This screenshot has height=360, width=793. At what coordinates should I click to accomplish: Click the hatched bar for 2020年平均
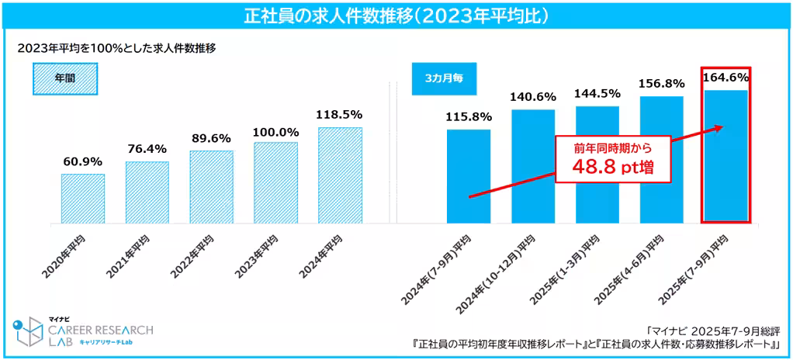point(82,198)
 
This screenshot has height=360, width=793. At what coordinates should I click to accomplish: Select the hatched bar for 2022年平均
point(211,186)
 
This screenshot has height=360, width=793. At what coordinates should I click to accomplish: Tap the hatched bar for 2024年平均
point(340,175)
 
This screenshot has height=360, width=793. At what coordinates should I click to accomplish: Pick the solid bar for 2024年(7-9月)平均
point(469,176)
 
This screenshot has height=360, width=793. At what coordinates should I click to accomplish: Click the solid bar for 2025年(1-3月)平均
point(597,164)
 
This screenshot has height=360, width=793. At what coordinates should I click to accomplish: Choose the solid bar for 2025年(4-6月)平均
point(661,160)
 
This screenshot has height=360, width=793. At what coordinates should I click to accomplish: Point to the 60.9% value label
point(82,164)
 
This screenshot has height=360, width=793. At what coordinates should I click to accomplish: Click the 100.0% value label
point(275,132)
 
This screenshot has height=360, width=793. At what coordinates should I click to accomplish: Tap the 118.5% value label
point(340,115)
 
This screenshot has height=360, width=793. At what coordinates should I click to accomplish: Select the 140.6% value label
point(533,97)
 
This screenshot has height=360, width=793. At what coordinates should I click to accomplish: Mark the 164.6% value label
point(725,77)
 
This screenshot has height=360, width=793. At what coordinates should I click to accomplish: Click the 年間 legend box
point(65,78)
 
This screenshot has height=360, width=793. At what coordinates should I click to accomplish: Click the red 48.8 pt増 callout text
point(613,166)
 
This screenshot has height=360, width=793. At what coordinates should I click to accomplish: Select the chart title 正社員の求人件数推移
point(396,15)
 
